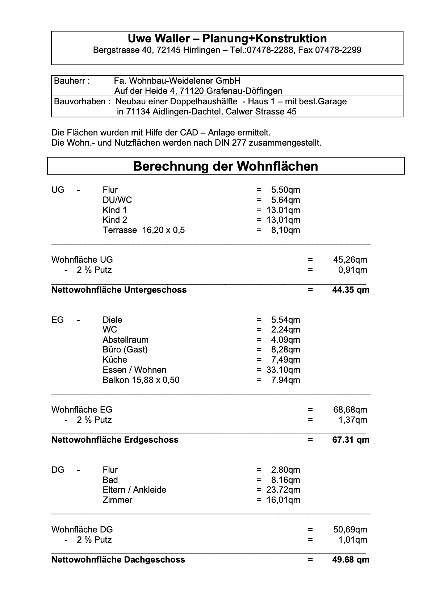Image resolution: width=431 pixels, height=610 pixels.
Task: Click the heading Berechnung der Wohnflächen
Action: (226, 166)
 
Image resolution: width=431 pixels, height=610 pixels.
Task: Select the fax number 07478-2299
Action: (338, 50)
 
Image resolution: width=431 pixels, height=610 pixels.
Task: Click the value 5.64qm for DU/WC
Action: (285, 200)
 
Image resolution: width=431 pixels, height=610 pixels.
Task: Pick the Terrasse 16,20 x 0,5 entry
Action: (143, 230)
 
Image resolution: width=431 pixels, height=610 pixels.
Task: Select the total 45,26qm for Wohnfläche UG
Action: (350, 260)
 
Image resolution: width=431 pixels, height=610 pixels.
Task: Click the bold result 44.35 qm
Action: (350, 290)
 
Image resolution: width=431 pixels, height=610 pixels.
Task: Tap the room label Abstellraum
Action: (125, 340)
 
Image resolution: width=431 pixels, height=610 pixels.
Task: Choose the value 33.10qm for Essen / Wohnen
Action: (283, 370)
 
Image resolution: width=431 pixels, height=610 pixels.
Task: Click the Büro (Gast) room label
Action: (125, 350)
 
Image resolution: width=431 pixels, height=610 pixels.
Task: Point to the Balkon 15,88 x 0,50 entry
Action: (141, 380)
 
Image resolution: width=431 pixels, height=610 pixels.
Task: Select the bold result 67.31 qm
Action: (350, 440)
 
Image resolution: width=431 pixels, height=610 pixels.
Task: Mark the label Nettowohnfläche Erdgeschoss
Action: (115, 440)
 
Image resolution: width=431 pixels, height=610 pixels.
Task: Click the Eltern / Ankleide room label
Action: (134, 490)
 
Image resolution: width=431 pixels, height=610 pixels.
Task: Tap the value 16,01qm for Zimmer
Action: (283, 500)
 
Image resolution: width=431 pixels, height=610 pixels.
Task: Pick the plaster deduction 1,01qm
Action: (352, 540)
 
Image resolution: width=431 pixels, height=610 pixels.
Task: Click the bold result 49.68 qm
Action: (350, 560)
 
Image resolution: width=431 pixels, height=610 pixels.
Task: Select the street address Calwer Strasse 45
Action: (261, 112)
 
